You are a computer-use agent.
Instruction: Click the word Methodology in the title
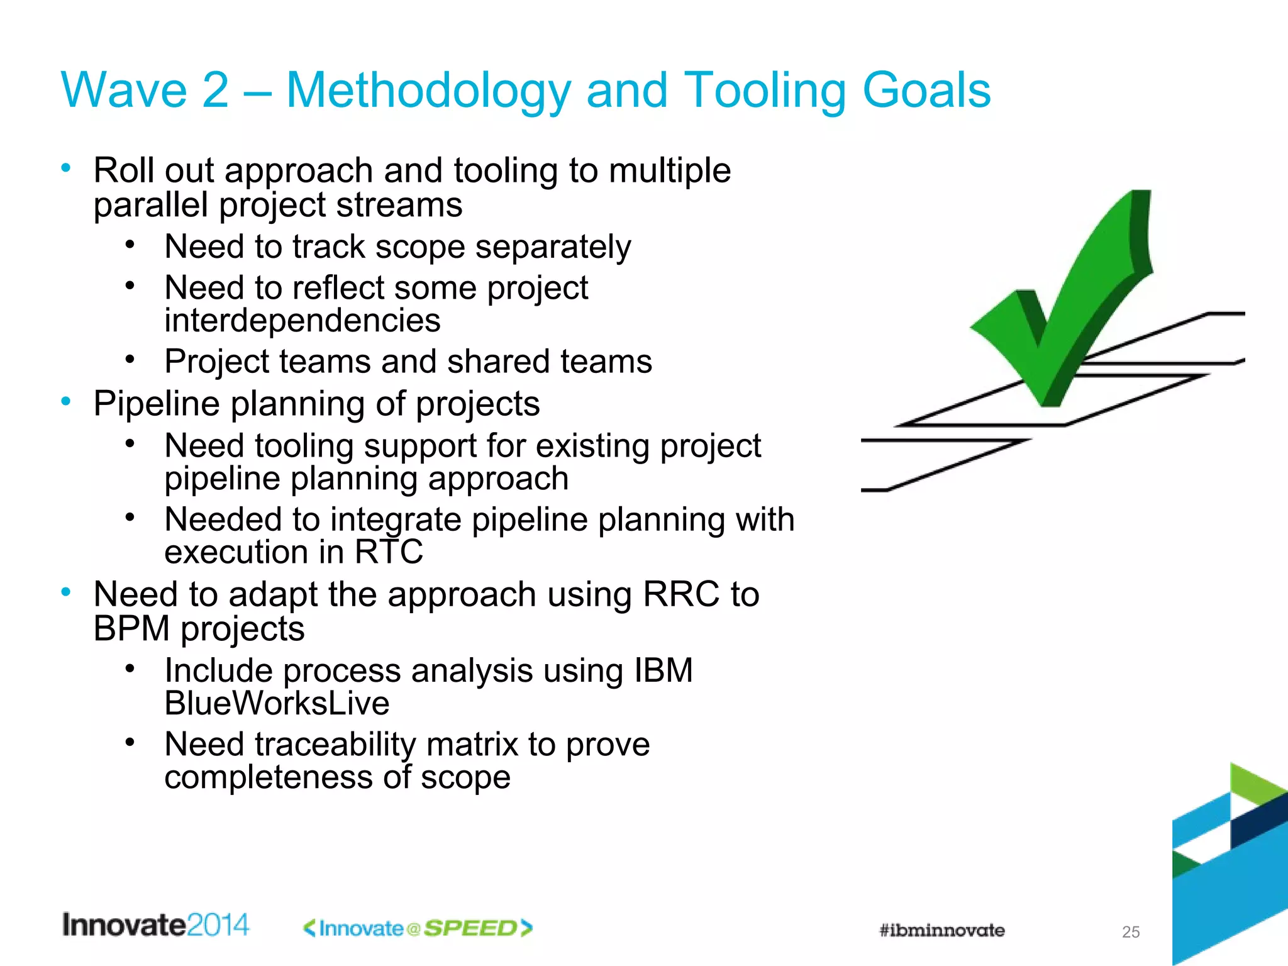coord(428,91)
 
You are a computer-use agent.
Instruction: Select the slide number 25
coord(1130,932)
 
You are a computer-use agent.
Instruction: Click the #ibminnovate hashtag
coord(941,930)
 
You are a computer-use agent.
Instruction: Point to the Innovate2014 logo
coord(155,925)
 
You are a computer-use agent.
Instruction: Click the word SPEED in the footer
coord(470,928)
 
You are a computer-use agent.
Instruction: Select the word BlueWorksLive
coord(277,703)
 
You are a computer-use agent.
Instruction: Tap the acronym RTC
coord(389,552)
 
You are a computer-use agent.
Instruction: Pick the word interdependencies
coord(303,321)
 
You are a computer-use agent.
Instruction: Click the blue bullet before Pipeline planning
coord(66,401)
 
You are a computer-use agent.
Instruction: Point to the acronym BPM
coord(131,628)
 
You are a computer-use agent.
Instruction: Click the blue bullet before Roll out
coord(66,167)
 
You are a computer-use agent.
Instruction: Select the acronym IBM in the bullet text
coord(663,670)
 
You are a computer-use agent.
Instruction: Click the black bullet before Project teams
coord(130,359)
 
